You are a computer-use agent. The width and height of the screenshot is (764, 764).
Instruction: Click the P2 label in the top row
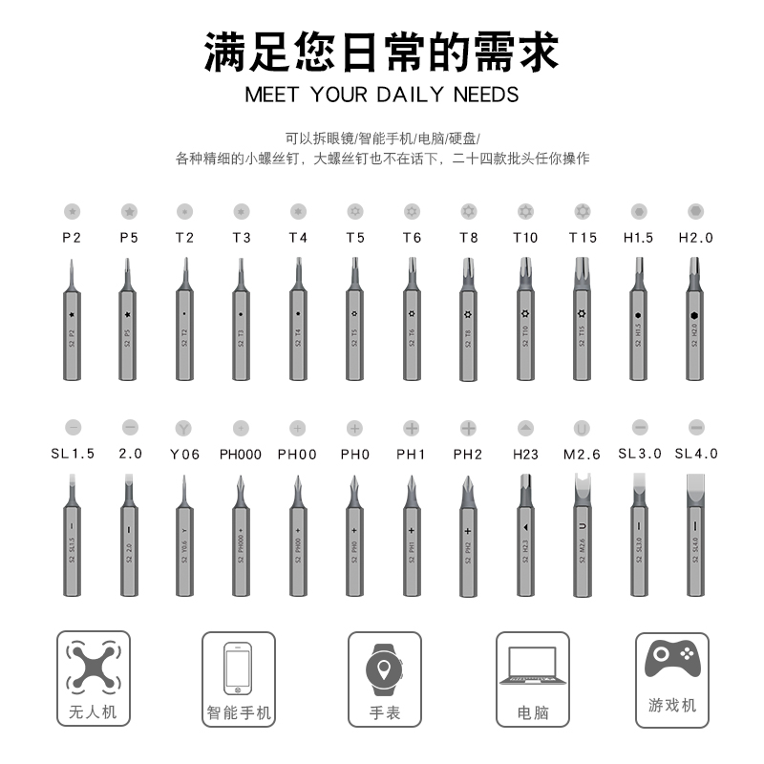(x=73, y=238)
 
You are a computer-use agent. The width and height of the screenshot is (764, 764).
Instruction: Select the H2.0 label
(x=695, y=238)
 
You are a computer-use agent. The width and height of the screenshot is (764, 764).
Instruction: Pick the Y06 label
(x=184, y=455)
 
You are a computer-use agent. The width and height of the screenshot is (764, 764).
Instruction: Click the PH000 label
(x=241, y=455)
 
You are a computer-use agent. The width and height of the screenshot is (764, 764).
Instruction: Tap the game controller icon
(x=672, y=659)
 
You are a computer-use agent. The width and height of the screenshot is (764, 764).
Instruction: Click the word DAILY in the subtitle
(x=409, y=95)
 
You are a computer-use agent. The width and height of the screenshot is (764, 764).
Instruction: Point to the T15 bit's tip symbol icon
(x=582, y=210)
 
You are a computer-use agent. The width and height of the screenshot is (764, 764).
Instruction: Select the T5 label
(x=355, y=238)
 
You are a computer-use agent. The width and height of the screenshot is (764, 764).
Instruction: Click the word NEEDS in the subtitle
(x=486, y=95)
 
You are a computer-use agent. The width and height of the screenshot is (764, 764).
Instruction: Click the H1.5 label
(x=638, y=238)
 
